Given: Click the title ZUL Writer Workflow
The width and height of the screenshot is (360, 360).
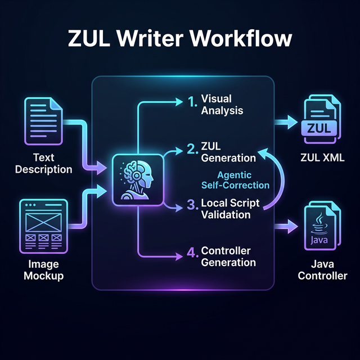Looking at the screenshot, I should click(180, 38).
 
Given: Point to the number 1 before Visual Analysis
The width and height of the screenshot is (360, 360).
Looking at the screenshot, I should click(192, 102).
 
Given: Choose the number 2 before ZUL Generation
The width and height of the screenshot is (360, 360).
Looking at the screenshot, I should click(192, 149).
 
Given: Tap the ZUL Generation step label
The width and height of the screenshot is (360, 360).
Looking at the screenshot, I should click(228, 152).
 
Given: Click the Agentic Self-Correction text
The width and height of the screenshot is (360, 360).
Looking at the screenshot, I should click(235, 180).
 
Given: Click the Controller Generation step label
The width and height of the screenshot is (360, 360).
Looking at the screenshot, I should click(228, 256).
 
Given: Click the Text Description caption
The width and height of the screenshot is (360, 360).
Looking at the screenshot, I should click(43, 164).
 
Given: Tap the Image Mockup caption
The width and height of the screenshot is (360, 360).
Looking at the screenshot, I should click(43, 271).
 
